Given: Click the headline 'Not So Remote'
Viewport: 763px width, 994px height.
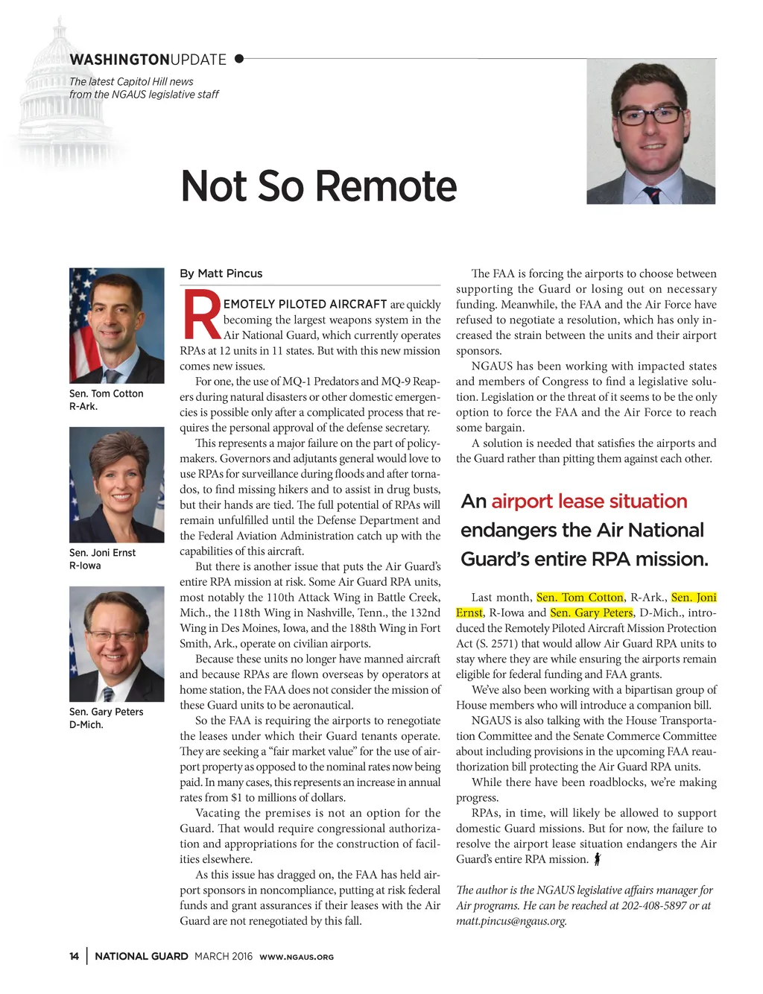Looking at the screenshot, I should coord(319,186).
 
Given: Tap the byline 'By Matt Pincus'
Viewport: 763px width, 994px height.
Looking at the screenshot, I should coord(221,273).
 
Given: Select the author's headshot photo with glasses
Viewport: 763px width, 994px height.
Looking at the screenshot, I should coord(650,132).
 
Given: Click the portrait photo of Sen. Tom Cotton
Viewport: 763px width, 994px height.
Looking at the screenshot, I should coord(116,326).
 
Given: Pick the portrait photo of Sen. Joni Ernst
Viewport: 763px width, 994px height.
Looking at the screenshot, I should coord(116,484).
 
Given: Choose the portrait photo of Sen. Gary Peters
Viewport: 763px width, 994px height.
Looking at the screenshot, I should coord(116,644).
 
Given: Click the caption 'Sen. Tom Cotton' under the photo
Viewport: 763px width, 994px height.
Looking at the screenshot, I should coord(106,393).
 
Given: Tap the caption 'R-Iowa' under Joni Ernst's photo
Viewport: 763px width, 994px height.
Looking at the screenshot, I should coord(85,566).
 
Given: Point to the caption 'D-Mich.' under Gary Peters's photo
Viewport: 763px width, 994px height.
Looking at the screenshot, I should coord(86,724).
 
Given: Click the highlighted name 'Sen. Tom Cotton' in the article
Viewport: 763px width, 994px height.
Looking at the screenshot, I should coord(580,598).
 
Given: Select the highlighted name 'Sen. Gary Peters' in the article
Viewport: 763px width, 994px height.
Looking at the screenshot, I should coord(592,612).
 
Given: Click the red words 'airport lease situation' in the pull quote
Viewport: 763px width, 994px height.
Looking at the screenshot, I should coord(589,501).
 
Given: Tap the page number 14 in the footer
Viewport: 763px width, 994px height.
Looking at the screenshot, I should coord(74,956).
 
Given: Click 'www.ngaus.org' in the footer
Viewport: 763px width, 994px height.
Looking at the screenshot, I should coord(297,957).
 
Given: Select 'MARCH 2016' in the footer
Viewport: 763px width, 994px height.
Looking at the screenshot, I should coord(224,956).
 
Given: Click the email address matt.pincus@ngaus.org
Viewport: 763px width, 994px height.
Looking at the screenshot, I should coord(511,921).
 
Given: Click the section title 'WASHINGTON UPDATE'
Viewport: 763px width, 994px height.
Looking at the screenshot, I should coord(148,60).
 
